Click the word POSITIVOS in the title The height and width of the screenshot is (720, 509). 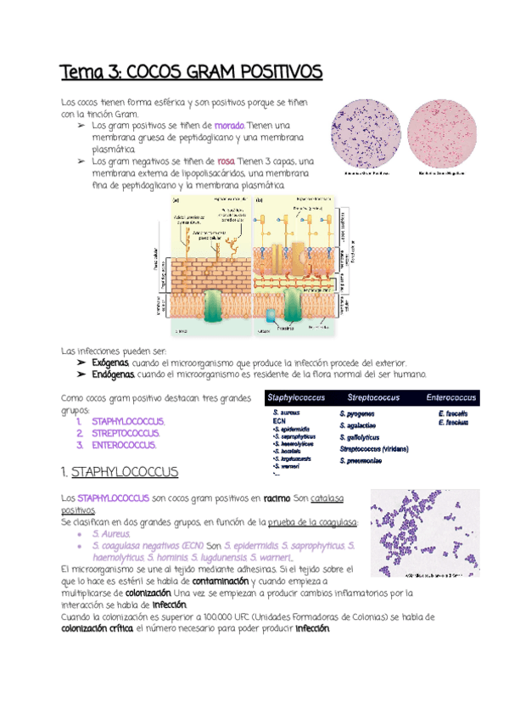point(273,70)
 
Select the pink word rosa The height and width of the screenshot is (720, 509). point(226,161)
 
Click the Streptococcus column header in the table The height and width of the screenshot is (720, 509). point(372,397)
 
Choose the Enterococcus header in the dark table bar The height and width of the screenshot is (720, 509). point(450,397)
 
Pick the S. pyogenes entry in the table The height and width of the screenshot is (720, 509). point(356,413)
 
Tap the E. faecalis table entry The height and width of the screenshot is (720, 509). point(453,413)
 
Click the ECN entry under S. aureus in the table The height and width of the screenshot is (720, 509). point(279,421)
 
